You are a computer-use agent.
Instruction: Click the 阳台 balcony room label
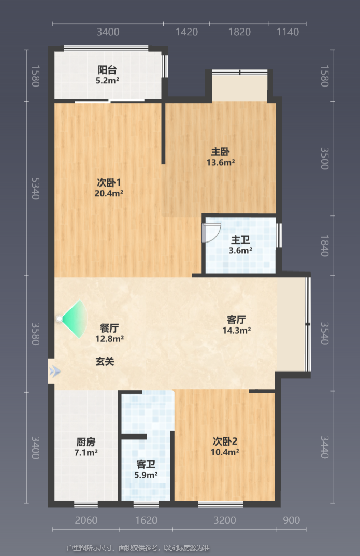pos(107,70)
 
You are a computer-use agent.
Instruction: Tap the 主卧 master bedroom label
pos(220,152)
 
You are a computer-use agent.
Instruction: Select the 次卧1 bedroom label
pos(109,182)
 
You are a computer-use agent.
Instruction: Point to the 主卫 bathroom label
pos(240,240)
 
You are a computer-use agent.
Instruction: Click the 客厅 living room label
pos(236,320)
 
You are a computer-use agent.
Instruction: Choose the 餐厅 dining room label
pos(109,329)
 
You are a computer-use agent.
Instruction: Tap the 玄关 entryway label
pos(105,362)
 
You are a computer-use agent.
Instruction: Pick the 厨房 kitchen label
pos(86,442)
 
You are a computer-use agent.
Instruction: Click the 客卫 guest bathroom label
pos(146,464)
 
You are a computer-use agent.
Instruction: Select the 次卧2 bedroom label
pos(225,441)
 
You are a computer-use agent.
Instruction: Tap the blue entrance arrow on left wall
pos(55,372)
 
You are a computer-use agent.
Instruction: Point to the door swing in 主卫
pos(211,233)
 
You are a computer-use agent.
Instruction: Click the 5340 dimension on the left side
pos(35,188)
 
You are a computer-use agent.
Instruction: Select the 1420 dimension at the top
pos(186,32)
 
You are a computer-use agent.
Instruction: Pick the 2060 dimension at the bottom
pos(86,520)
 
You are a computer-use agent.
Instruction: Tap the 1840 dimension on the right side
pos(324,246)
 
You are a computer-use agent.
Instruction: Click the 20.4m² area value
pos(109,194)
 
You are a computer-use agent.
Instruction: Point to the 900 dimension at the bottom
pos(292,520)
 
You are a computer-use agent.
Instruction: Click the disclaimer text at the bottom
pos(138,548)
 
